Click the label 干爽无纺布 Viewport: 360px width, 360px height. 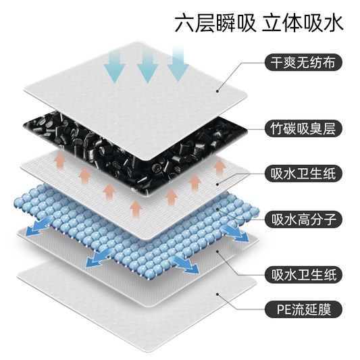303,62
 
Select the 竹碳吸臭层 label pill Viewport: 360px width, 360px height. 303,128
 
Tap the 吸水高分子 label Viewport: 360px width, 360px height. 303,220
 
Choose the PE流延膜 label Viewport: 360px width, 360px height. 303,309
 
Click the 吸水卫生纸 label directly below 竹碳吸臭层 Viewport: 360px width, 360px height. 303,174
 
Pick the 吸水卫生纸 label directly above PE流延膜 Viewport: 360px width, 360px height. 303,275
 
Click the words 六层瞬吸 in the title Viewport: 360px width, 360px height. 215,23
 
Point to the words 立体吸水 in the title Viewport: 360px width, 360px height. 303,23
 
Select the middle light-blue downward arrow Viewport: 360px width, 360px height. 147,66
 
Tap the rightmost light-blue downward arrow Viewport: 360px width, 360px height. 178,63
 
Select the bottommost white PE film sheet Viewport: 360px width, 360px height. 137,307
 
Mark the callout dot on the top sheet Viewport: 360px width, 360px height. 217,91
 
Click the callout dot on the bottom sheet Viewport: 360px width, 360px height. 217,294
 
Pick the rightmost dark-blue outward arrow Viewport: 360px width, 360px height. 236,232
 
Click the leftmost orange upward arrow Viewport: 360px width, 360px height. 60,161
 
